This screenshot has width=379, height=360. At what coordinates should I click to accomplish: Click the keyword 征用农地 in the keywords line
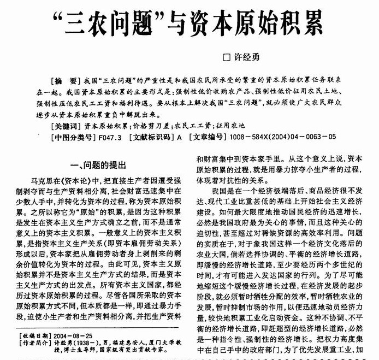232,126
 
